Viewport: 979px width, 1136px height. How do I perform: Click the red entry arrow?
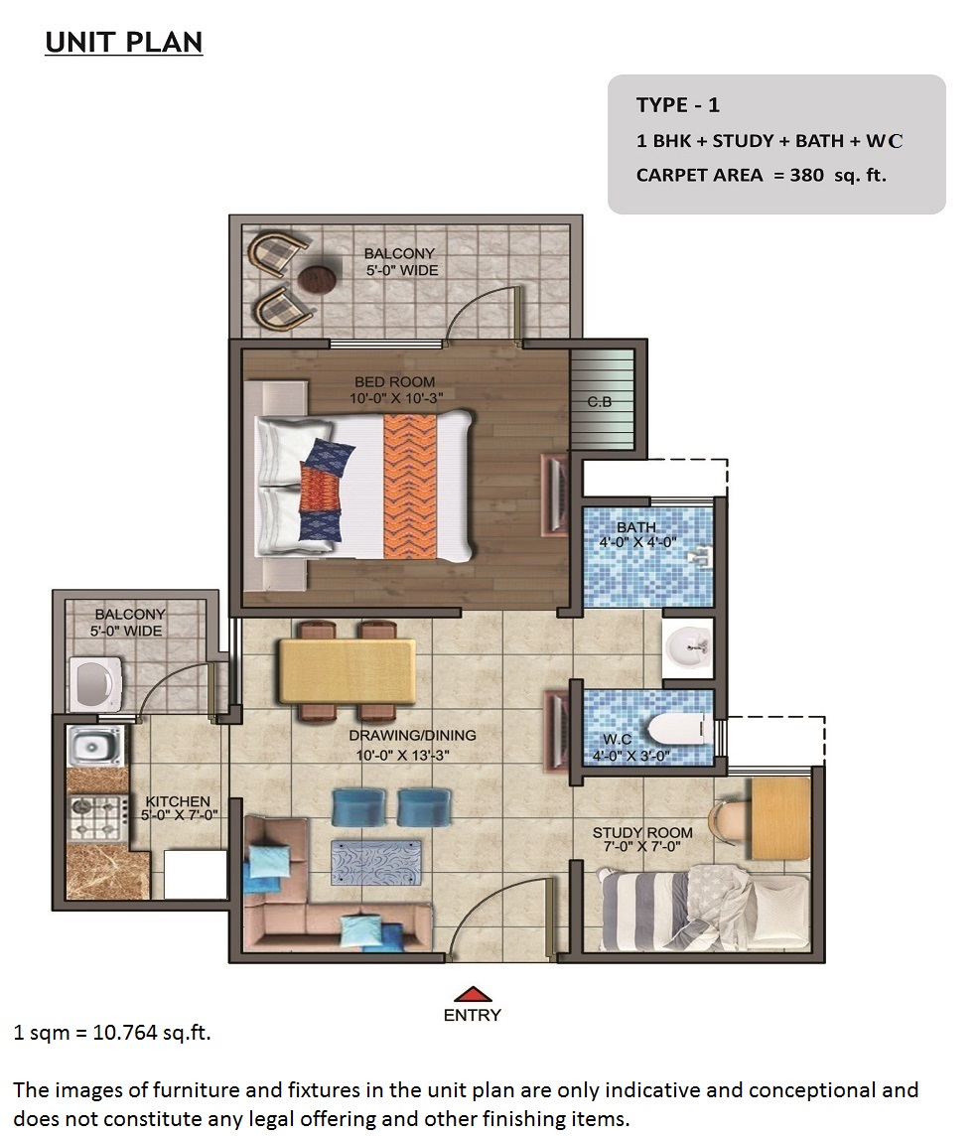[473, 994]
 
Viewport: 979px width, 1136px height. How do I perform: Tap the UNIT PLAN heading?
[124, 42]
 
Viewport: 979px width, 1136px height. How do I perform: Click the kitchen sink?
[94, 746]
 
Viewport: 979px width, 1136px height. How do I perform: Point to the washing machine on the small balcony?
[95, 684]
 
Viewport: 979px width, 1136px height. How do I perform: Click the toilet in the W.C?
[676, 728]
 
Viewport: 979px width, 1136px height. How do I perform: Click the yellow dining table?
[348, 671]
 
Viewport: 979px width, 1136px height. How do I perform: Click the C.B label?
[600, 401]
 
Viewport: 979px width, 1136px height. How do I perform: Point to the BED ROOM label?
[395, 381]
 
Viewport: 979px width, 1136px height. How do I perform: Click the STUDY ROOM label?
[642, 832]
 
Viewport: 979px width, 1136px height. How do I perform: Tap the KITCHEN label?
[178, 801]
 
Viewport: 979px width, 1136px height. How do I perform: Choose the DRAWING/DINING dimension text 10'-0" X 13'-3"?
[403, 755]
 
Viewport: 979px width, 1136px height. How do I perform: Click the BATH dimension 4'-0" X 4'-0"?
[637, 542]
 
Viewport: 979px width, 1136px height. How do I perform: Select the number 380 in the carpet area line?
[806, 175]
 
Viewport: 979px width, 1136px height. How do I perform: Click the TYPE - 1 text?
[677, 105]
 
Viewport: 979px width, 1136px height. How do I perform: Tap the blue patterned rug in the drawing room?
[376, 862]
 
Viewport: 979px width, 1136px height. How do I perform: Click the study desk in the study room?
[779, 818]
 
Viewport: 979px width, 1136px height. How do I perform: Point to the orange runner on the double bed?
[410, 487]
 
